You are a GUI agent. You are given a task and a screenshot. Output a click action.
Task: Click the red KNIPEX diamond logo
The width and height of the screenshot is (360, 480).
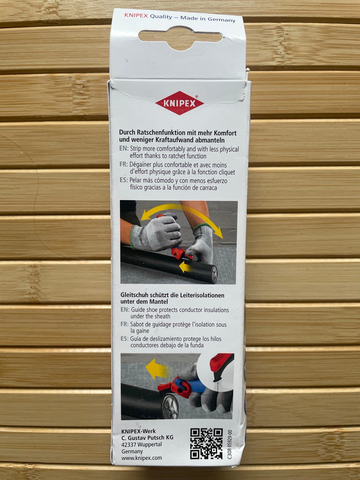pos(180,103)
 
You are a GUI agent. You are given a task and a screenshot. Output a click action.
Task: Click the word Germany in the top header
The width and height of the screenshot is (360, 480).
pos(221,19)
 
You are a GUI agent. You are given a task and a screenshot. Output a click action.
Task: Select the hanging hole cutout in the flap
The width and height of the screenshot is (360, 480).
pos(180,37)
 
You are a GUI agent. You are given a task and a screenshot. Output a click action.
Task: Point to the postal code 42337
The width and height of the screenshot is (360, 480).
pos(129,445)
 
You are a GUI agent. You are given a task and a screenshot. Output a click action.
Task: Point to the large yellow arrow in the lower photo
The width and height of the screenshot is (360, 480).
pos(157,369)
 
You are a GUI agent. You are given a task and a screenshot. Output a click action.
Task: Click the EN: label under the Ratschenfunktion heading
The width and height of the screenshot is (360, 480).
pos(124,148)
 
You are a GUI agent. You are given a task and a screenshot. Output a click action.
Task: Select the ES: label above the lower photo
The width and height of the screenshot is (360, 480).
pos(124,339)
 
